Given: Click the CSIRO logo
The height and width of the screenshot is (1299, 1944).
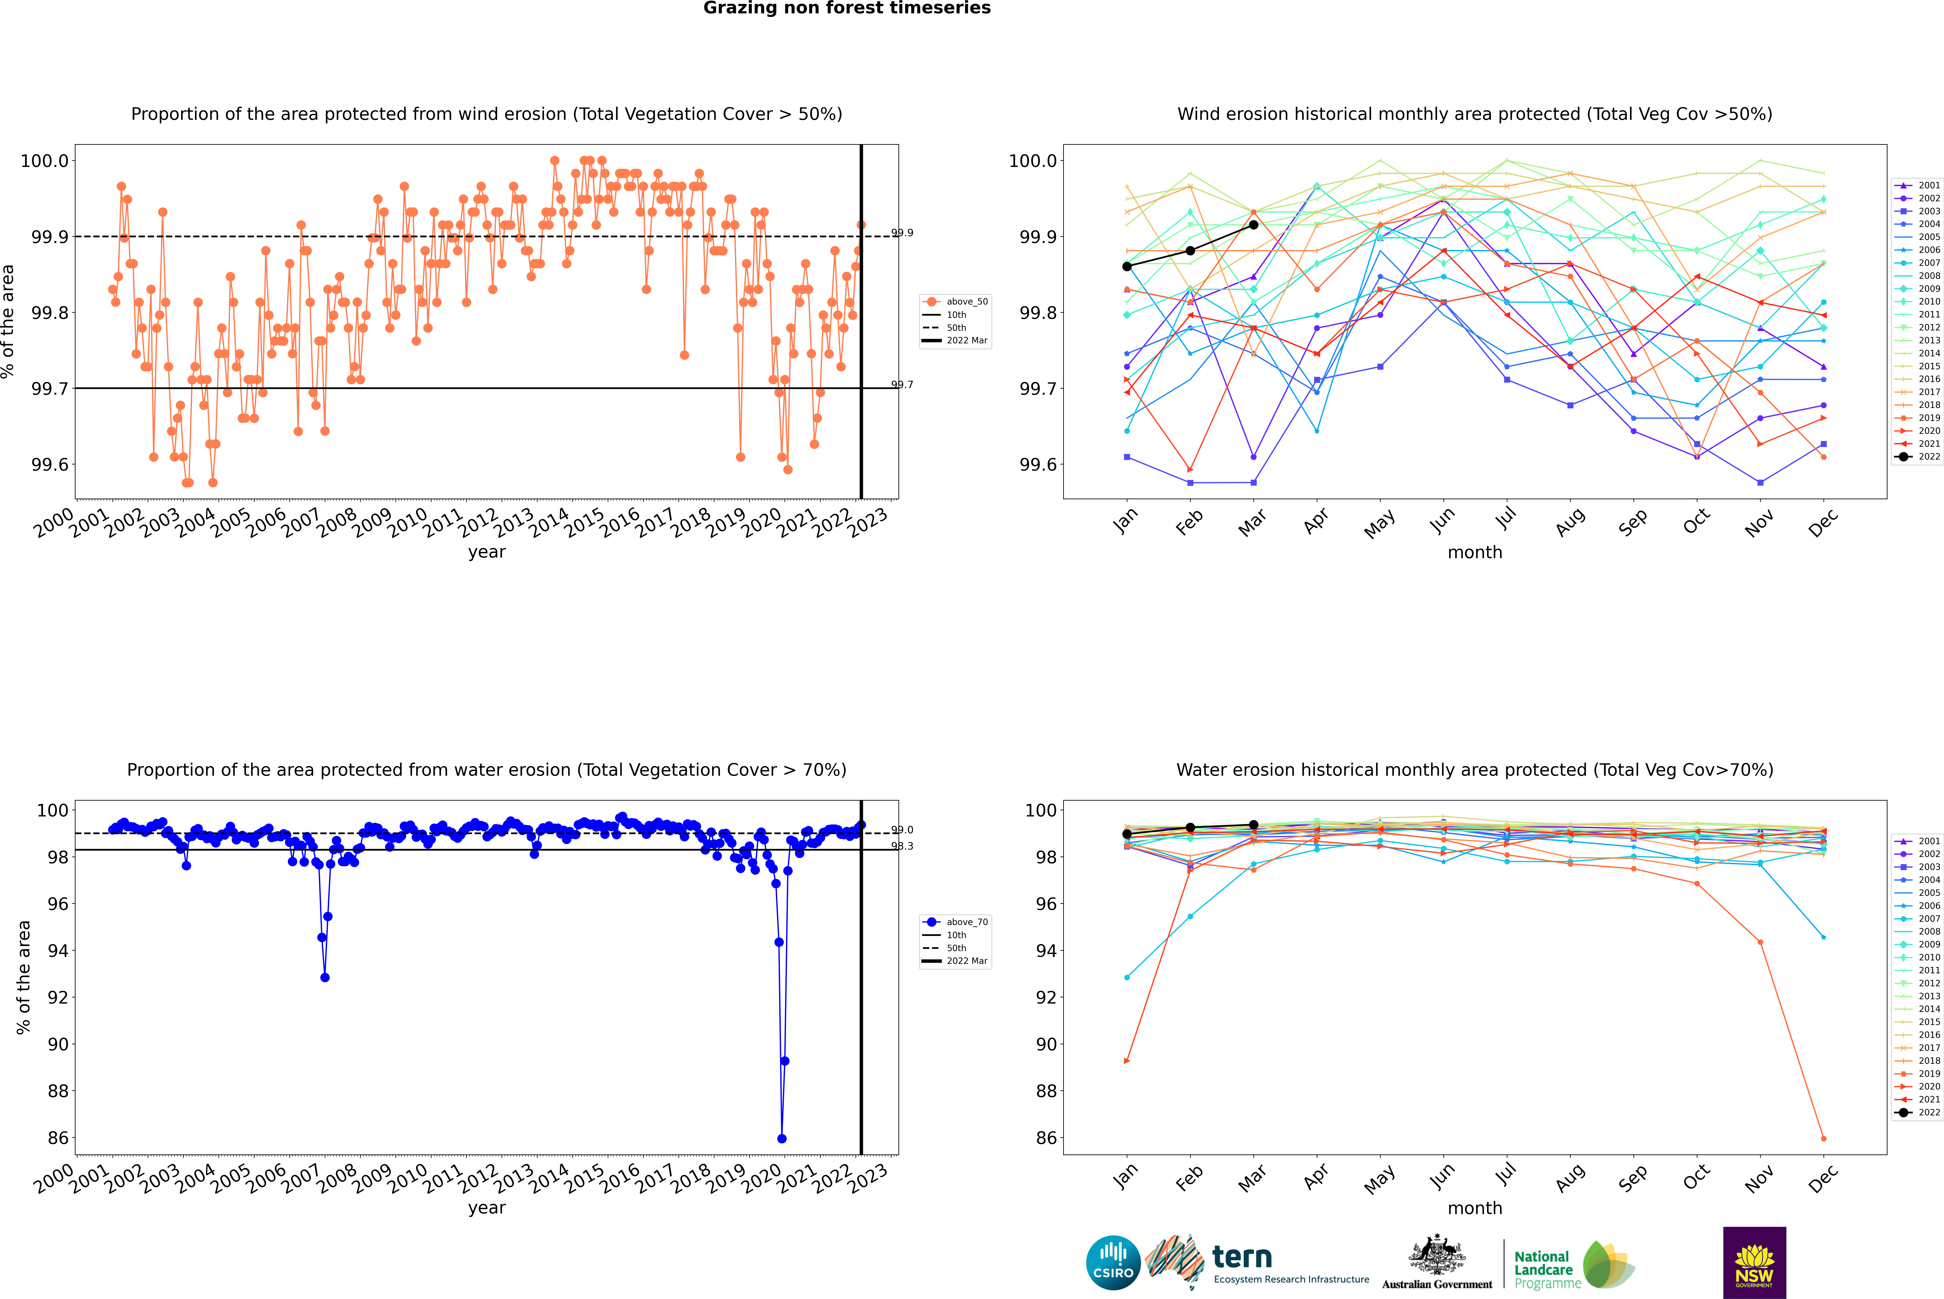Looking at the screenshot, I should pos(1113,1263).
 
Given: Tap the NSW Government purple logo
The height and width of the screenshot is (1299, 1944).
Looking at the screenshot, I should pos(1754,1263).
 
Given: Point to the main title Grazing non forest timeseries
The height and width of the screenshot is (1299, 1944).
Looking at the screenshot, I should pos(847,8).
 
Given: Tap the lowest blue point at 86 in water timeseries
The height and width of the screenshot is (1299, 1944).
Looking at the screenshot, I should pos(781,1138).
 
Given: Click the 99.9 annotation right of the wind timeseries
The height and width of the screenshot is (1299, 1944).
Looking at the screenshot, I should pos(902,233).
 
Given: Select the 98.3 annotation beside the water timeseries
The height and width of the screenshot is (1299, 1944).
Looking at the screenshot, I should pos(902,846).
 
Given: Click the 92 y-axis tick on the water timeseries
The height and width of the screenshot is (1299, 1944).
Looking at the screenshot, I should pos(58,997).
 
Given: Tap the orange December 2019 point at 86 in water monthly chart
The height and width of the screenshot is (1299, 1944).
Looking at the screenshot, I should pos(1823,1138).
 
